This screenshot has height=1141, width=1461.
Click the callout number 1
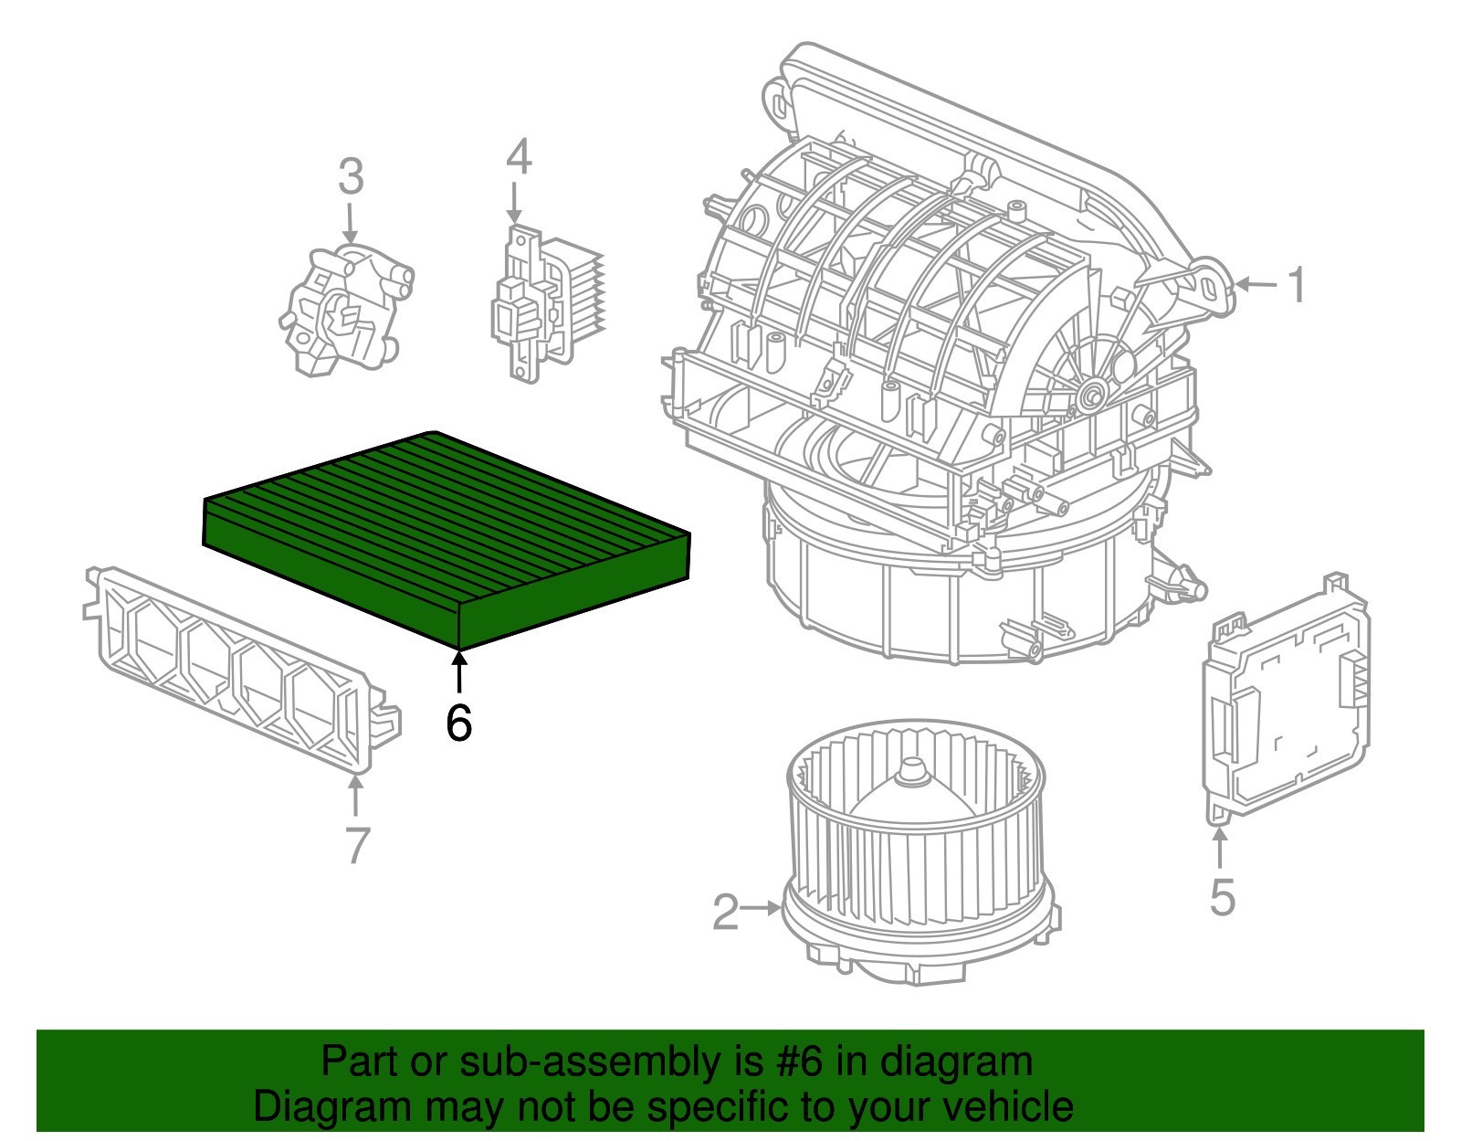click(x=1297, y=285)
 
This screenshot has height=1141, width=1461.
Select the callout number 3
click(x=351, y=176)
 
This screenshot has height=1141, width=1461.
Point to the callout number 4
click(x=518, y=157)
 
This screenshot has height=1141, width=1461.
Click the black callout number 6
click(x=458, y=724)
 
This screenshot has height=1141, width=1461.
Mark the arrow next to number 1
click(x=1257, y=285)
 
